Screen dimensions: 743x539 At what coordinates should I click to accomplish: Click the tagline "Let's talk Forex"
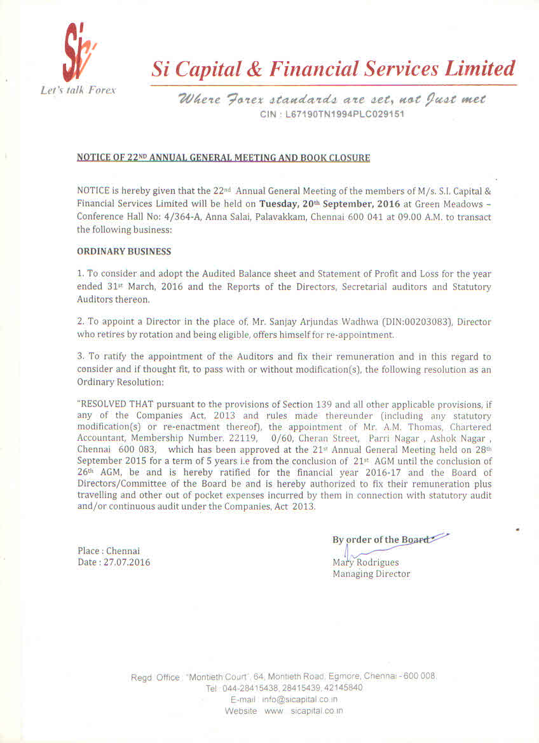coord(78,91)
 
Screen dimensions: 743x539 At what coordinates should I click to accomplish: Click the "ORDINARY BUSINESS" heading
coord(124,251)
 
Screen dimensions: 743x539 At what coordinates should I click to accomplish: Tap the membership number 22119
coord(244,438)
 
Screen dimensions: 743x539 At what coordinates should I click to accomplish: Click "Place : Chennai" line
coord(109,551)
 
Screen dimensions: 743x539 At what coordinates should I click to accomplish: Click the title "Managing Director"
coord(371,574)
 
